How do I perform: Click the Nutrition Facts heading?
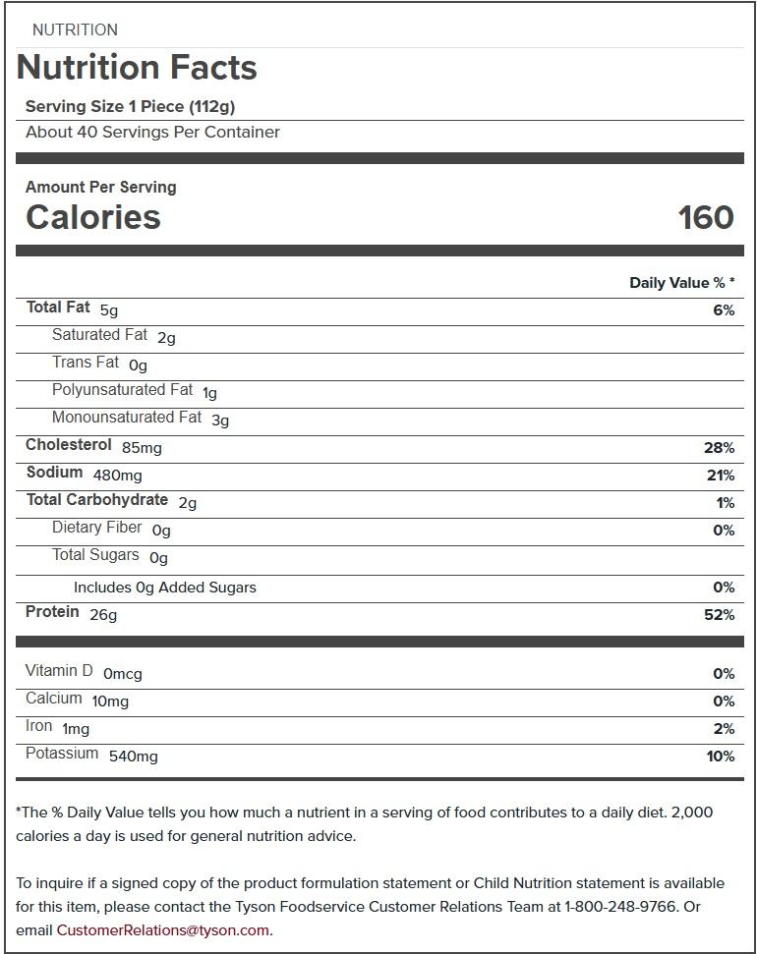pos(137,68)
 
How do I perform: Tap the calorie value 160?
pos(705,217)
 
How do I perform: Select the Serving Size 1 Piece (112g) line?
pos(130,107)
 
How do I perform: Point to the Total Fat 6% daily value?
pos(724,310)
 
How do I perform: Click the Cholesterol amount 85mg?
pos(142,448)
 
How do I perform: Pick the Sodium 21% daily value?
pos(720,476)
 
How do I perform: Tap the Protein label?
pos(52,612)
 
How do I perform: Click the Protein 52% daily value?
pos(720,615)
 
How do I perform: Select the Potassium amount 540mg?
pos(133,757)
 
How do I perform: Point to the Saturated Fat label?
pos(99,335)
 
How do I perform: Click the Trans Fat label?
pos(86,363)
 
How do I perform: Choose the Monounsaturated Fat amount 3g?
pos(220,421)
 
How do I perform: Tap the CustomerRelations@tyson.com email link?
pos(162,930)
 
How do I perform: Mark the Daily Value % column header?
pos(681,283)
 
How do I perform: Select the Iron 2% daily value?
pos(724,729)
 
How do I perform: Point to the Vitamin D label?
pos(59,671)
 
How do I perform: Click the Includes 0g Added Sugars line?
pos(164,588)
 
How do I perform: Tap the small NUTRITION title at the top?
pos(75,30)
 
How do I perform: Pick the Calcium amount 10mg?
pos(110,701)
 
